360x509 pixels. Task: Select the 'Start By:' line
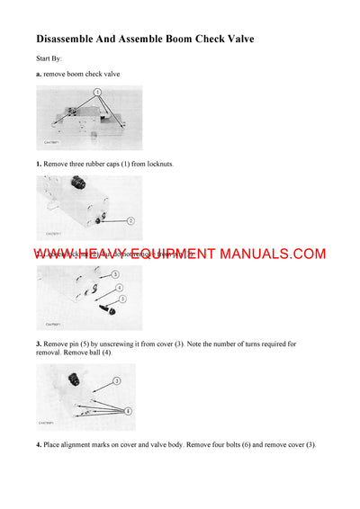[49, 59]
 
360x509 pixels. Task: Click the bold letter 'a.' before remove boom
[39, 74]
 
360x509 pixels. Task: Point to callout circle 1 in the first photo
[96, 92]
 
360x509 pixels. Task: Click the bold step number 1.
[39, 165]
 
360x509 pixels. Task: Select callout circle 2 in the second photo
[130, 220]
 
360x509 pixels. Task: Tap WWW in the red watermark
[55, 254]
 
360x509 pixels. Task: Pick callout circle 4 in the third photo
[119, 288]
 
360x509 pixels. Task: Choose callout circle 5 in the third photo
[122, 299]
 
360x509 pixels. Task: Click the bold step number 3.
[39, 344]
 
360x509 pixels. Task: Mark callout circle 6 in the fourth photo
[128, 411]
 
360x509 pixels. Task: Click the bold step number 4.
[39, 445]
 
